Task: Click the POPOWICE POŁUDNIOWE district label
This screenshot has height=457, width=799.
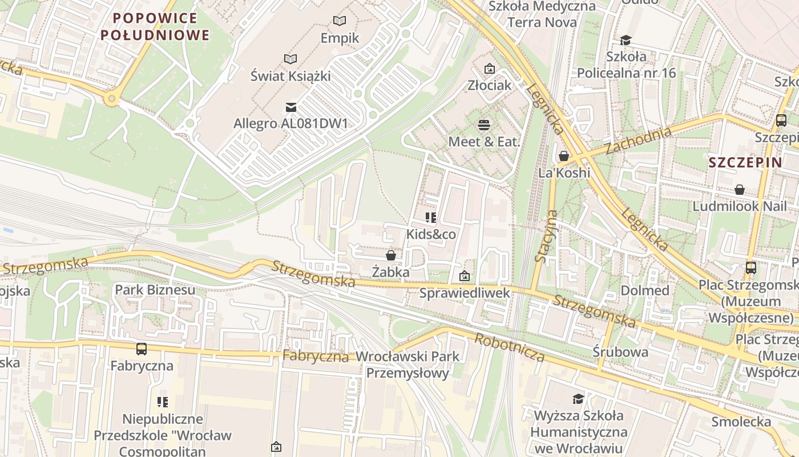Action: pyautogui.click(x=155, y=27)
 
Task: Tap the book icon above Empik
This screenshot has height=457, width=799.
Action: pyautogui.click(x=340, y=21)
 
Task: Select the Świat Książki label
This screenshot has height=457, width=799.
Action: pyautogui.click(x=290, y=75)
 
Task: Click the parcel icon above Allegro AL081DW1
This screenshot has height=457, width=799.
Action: pyautogui.click(x=290, y=107)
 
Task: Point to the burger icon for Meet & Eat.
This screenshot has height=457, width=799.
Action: pyautogui.click(x=484, y=125)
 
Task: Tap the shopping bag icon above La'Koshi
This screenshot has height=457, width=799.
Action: pyautogui.click(x=564, y=156)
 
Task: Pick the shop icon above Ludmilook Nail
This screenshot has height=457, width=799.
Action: pyautogui.click(x=740, y=189)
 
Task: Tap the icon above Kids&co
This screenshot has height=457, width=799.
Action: pyautogui.click(x=431, y=218)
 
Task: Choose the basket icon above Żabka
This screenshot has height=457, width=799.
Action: pyautogui.click(x=391, y=255)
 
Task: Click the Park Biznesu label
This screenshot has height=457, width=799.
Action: pyautogui.click(x=155, y=290)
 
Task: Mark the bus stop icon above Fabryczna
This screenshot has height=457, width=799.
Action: pyautogui.click(x=142, y=348)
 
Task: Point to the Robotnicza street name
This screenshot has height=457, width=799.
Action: pyautogui.click(x=510, y=347)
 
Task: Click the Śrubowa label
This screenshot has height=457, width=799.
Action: pyautogui.click(x=620, y=352)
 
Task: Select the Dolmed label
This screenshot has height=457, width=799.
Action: pyautogui.click(x=645, y=290)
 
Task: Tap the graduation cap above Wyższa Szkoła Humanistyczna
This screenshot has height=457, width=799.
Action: pyautogui.click(x=579, y=398)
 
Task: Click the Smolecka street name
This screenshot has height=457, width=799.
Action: pyautogui.click(x=741, y=422)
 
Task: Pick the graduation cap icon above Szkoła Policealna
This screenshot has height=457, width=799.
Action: pyautogui.click(x=626, y=40)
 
